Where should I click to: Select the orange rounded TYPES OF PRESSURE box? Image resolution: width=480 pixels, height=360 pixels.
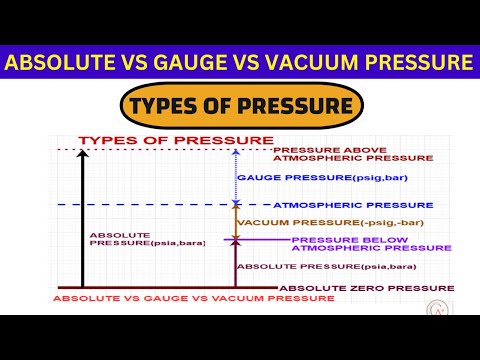pos(239,104)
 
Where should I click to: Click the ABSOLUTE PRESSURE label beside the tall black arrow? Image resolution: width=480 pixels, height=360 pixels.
pos(126,240)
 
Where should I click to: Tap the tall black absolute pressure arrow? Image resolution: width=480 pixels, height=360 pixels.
pos(84,220)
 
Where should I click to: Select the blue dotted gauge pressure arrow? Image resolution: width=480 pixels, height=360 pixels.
pos(235,178)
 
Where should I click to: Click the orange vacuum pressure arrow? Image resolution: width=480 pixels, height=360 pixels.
pos(235,222)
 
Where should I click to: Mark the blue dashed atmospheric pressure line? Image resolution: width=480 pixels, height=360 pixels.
pos(150,205)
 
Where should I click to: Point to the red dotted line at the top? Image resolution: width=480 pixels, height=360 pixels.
pos(150,151)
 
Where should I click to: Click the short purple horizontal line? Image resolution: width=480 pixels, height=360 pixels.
pos(260,240)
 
